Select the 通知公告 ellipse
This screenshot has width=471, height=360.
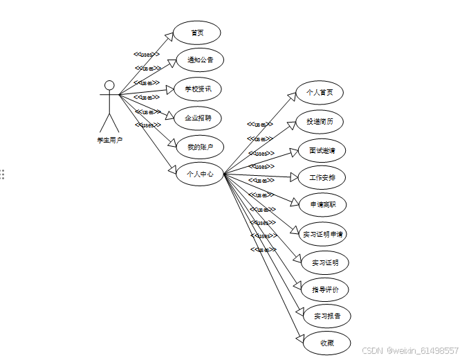pos(200,60)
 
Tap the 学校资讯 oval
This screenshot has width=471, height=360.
pos(197,89)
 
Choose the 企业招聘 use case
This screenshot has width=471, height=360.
pos(197,118)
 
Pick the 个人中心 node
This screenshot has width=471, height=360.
pos(200,174)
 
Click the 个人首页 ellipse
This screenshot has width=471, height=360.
pos(320,93)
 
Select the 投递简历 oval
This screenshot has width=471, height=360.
pos(320,122)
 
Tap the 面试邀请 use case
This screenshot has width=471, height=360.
pos(322,150)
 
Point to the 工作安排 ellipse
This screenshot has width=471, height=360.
pos(322,178)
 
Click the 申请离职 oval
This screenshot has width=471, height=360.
pos(323,205)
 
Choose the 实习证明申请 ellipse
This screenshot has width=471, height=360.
pos(323,234)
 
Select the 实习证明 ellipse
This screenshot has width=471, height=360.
pos(325,263)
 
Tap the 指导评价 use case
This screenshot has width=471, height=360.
pos(325,289)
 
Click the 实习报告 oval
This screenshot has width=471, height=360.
pos(326,316)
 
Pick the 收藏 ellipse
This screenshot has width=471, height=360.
pos(326,343)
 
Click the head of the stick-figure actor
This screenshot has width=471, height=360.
pos(109,86)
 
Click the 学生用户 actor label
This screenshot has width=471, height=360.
pos(109,141)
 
